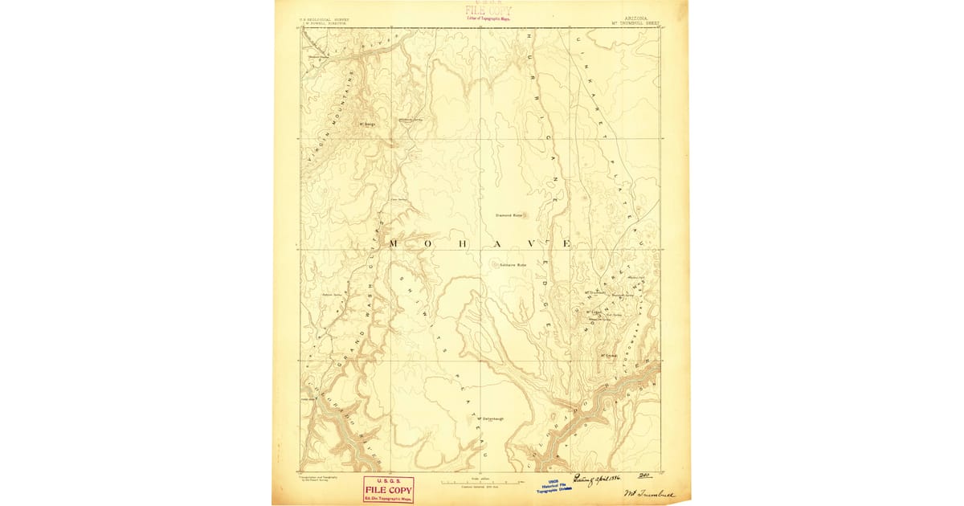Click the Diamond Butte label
[x=509, y=215]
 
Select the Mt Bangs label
[x=368, y=124]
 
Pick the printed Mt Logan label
[x=594, y=312]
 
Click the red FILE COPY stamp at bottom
[x=388, y=489]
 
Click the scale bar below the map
[x=481, y=481]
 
